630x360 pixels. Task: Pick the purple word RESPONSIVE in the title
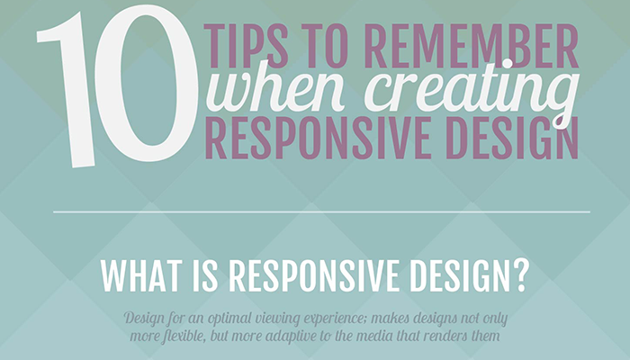(x=318, y=138)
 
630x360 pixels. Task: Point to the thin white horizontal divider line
(x=321, y=211)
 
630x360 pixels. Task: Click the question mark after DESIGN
(x=522, y=275)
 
